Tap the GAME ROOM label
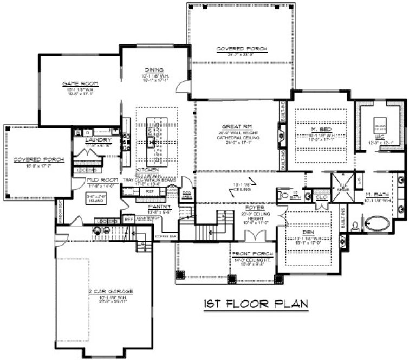coord(76,83)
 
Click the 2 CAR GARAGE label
coord(111,291)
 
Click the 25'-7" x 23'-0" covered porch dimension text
coord(242,55)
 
